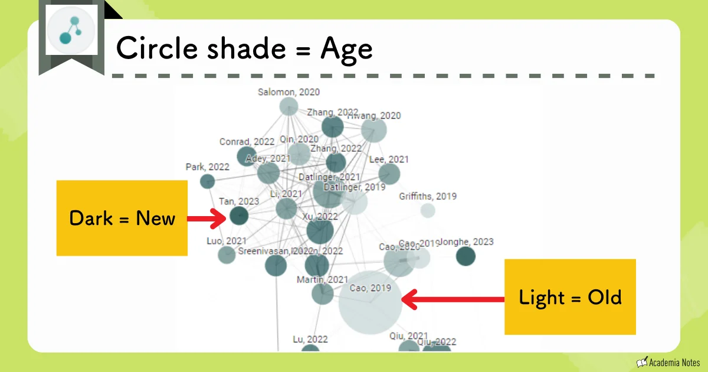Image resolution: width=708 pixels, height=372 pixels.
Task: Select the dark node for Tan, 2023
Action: [x=238, y=216]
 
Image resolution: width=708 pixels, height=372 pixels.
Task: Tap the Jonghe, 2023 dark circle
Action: [x=466, y=256]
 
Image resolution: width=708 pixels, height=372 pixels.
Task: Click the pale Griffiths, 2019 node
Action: [x=428, y=210]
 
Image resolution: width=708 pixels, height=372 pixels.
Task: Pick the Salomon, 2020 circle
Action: [x=289, y=106]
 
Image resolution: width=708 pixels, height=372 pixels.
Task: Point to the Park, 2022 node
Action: [x=207, y=181]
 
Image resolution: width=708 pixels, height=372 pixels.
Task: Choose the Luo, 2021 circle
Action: [x=227, y=254]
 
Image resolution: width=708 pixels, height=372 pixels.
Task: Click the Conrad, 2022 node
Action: [x=246, y=156]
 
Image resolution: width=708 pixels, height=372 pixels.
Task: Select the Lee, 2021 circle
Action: [x=389, y=174]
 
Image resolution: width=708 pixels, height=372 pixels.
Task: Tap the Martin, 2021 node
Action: [x=322, y=293]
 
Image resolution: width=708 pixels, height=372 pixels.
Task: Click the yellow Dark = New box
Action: [x=122, y=218]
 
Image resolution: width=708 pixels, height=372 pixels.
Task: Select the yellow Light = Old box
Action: [x=570, y=297]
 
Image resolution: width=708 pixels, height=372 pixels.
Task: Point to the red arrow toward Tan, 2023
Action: [x=206, y=218]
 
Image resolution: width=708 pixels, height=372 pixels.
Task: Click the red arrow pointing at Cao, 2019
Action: [x=454, y=299]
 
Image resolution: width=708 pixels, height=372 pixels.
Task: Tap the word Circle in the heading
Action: [x=153, y=48]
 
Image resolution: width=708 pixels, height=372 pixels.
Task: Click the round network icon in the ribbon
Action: [x=71, y=31]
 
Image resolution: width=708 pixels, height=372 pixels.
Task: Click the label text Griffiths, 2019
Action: [x=428, y=196]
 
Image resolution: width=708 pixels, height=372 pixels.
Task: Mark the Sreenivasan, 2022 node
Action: [x=276, y=266]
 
